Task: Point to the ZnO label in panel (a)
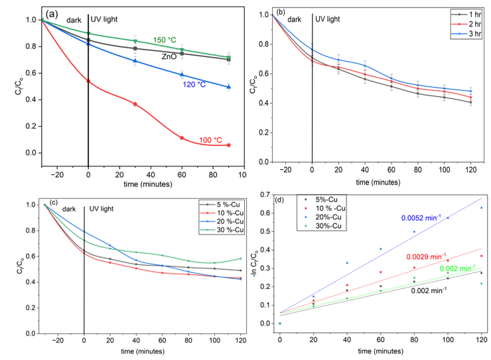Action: [x=170, y=58]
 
